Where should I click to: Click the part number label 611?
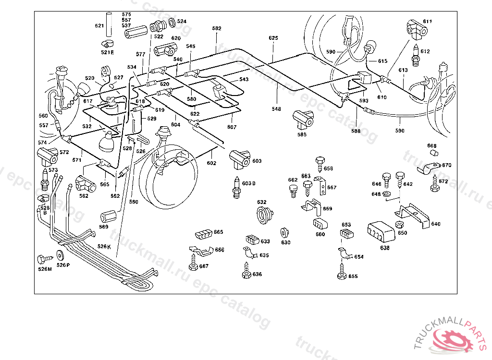click(428, 22)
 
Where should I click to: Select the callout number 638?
click(385, 248)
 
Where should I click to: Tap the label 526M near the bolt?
click(45, 269)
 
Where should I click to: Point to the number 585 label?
click(302, 135)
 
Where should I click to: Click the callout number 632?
click(261, 202)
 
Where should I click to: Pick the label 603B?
click(249, 183)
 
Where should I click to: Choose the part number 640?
click(436, 224)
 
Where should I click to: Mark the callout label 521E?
click(107, 52)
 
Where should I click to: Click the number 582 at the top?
click(217, 28)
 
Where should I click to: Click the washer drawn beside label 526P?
click(61, 255)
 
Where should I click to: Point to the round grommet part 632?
click(264, 214)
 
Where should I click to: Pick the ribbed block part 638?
click(381, 233)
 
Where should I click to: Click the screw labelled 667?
click(193, 264)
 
